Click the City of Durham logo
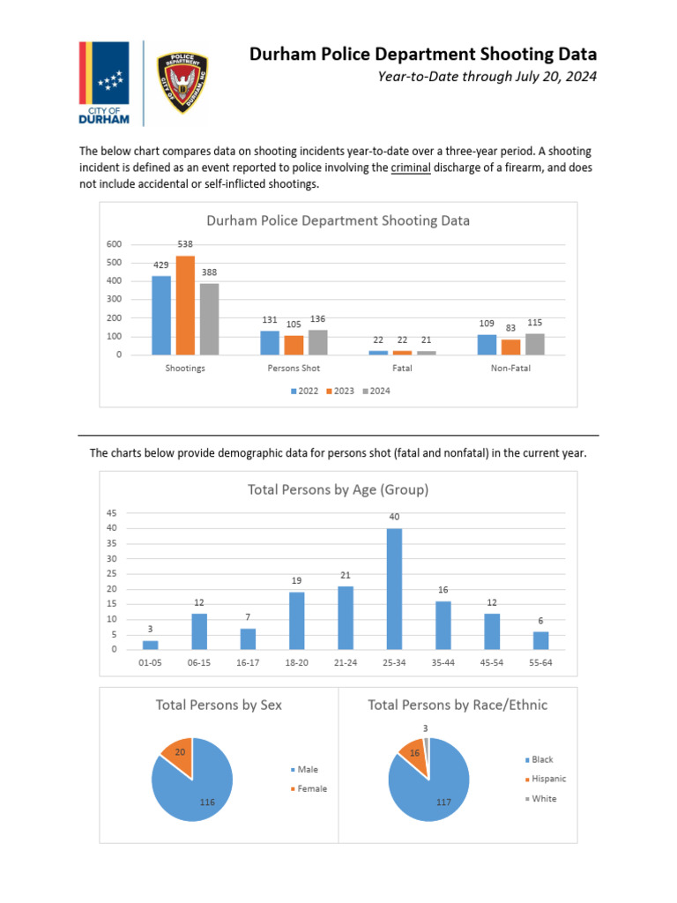tap(105, 84)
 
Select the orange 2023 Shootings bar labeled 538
tap(185, 305)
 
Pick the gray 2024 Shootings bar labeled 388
tap(209, 319)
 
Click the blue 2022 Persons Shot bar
tap(270, 343)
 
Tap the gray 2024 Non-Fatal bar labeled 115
tap(535, 344)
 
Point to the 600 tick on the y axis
tap(115, 244)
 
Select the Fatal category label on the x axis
tap(402, 369)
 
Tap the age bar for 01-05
tap(151, 645)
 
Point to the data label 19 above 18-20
tap(297, 581)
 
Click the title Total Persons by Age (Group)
tap(338, 489)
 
